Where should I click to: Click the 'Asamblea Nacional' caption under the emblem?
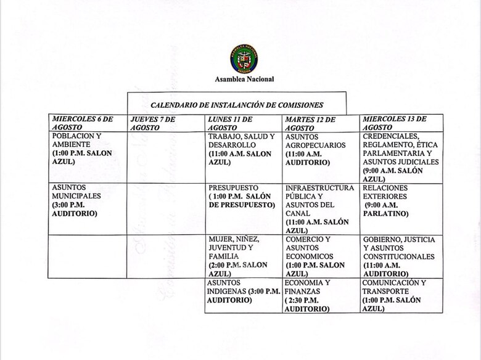[245, 80]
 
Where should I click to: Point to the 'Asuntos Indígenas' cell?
[243, 291]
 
